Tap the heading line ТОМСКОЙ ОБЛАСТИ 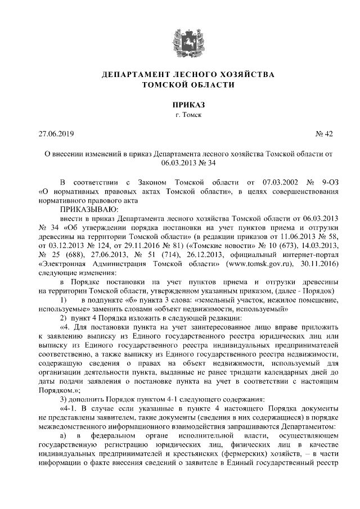(x=180, y=84)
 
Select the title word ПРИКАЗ (x=180, y=105)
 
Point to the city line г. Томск (x=180, y=115)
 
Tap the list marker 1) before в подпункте (x=64, y=300)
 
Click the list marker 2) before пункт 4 (x=64, y=318)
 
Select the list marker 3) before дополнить (x=64, y=400)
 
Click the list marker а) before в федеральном (x=64, y=436)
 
